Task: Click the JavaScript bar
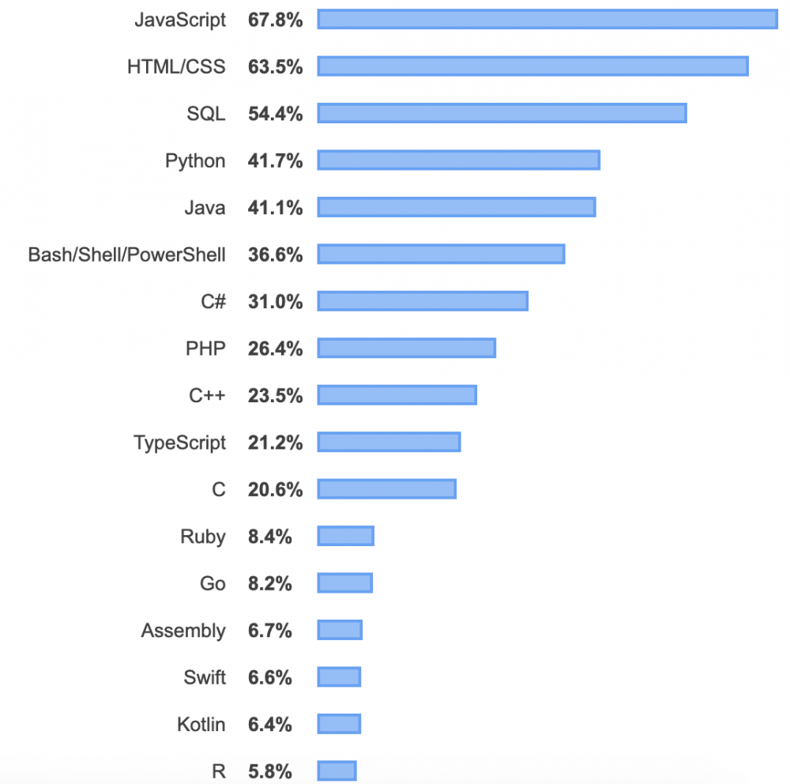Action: point(547,19)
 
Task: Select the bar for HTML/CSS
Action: point(532,66)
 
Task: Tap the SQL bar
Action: point(502,113)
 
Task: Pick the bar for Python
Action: point(459,160)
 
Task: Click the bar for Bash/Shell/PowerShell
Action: point(441,254)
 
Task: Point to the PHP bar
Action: point(406,348)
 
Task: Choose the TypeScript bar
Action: point(389,442)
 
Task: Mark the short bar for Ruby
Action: point(345,536)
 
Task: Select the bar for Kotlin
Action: point(339,724)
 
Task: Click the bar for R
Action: point(337,771)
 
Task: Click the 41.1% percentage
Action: point(275,208)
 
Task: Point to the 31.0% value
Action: point(275,302)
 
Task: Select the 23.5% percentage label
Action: point(275,396)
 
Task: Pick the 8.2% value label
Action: point(269,584)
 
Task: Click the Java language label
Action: point(205,208)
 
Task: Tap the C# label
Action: point(213,302)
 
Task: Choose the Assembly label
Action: point(183,631)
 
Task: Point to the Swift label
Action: point(205,677)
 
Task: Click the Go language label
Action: point(213,584)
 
